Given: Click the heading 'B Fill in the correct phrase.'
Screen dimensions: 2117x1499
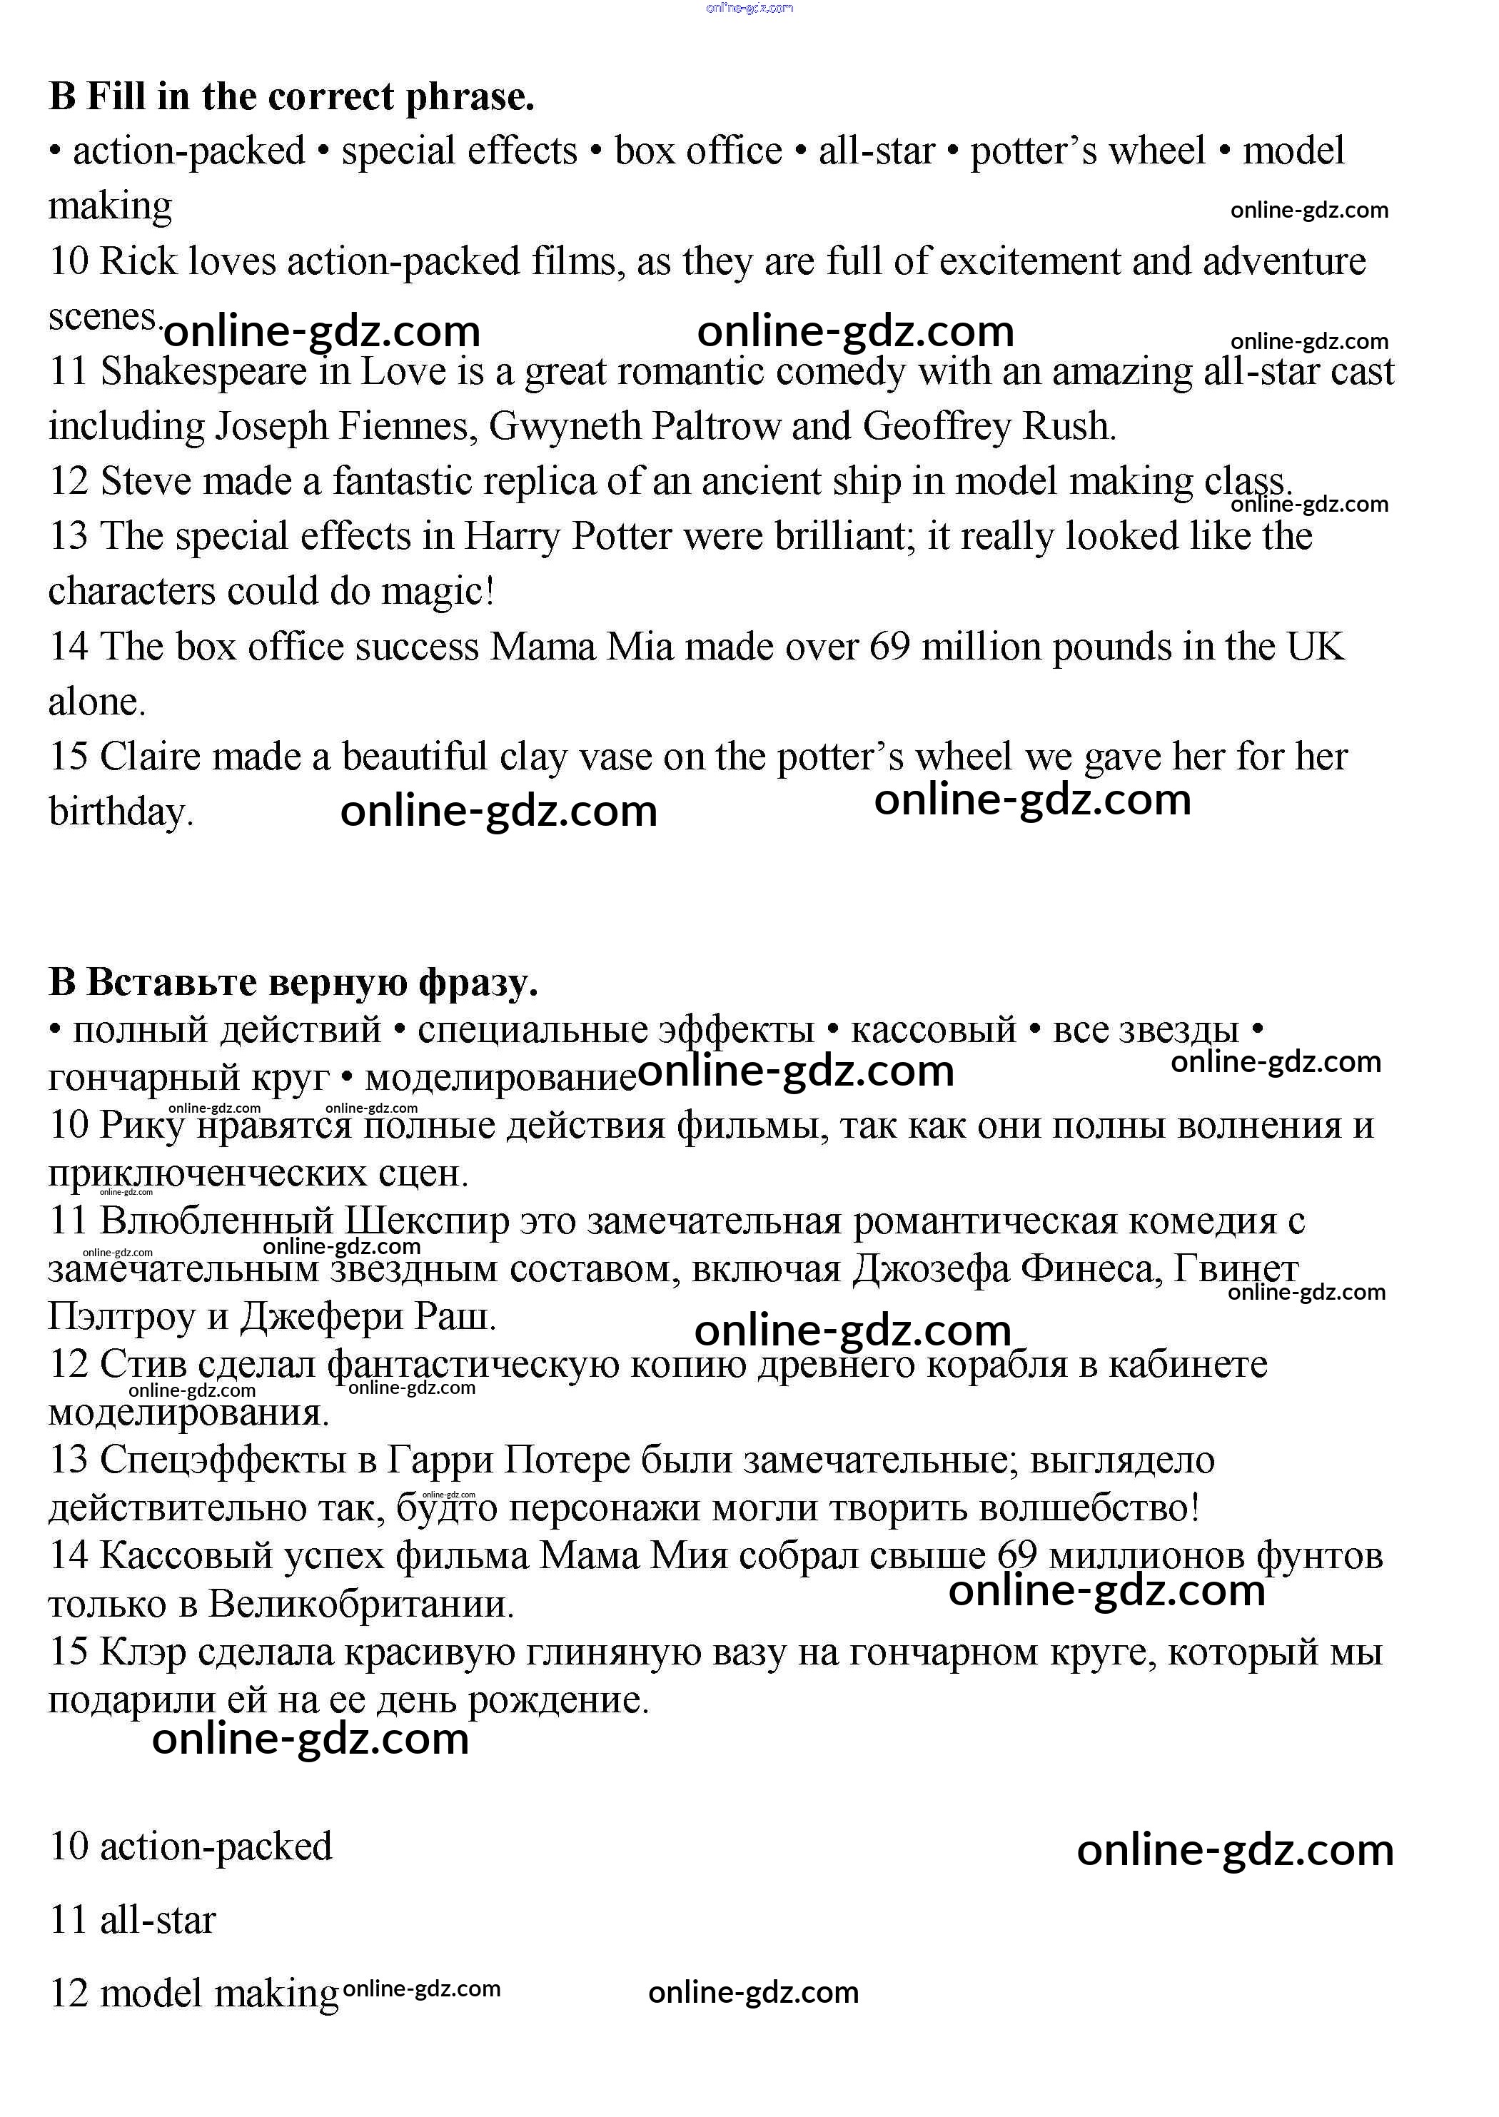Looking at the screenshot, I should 292,96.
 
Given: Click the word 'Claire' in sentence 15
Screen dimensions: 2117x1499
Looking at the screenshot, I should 151,757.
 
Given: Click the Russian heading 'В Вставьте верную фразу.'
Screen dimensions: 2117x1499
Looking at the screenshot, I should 293,982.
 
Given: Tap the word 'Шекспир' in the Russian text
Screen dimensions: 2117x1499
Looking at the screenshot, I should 426,1220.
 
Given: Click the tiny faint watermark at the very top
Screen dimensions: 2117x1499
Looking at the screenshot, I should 749,9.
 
